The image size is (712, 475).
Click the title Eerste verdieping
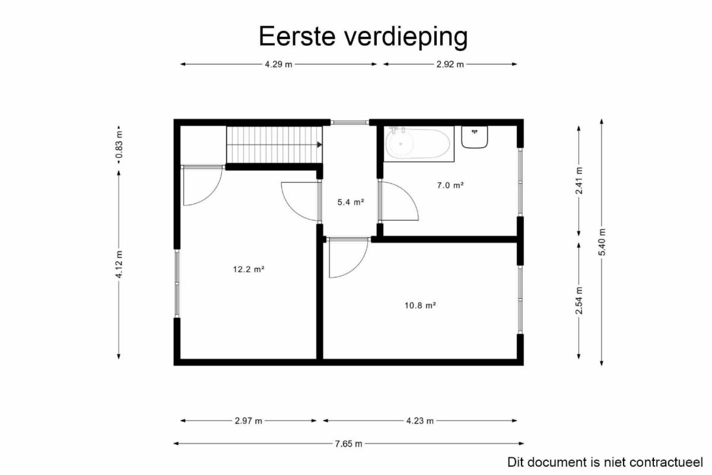click(363, 37)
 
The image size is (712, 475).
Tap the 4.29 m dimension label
click(278, 65)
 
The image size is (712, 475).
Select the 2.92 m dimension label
click(450, 65)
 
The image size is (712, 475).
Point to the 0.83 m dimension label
click(119, 145)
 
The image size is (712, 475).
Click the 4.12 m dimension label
click(119, 264)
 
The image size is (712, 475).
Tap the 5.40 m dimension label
click(602, 242)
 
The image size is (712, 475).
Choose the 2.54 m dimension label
click(579, 301)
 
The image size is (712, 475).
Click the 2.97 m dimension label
click(249, 421)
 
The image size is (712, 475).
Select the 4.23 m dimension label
click(420, 421)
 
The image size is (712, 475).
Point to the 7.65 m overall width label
click(348, 444)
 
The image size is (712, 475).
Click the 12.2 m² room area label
click(249, 269)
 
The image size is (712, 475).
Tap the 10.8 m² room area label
click(420, 305)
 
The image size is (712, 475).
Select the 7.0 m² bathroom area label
click(450, 185)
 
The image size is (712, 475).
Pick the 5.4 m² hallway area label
click(351, 202)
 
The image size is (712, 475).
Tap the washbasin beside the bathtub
click(475, 137)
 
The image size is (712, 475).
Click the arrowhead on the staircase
click(319, 145)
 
